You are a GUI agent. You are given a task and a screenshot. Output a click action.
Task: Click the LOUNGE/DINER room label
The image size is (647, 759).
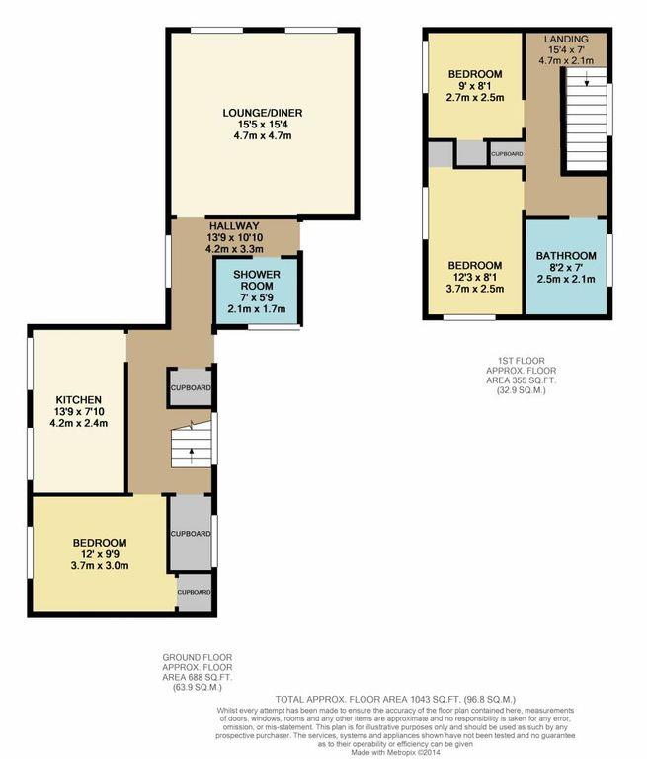click(262, 113)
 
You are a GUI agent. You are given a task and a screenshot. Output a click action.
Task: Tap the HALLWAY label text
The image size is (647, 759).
click(233, 225)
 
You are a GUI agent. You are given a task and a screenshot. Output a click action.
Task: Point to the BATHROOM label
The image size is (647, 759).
click(566, 256)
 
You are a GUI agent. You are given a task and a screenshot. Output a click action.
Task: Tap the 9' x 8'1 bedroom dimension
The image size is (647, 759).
click(474, 86)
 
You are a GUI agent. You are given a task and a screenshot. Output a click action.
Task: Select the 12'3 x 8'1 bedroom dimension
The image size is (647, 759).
click(474, 278)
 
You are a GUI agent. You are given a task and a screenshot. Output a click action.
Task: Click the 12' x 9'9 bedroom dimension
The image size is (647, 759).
click(99, 555)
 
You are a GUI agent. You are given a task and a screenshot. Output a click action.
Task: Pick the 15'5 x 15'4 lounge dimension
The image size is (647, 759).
click(262, 126)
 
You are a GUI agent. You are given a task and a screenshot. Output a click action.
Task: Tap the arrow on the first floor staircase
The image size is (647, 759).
click(585, 83)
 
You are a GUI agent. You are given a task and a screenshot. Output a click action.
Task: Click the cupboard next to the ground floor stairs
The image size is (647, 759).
click(190, 388)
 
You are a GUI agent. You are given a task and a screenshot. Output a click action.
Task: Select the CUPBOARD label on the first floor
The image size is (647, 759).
click(506, 155)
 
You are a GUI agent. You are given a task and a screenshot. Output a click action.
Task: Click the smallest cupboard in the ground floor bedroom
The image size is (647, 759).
click(193, 592)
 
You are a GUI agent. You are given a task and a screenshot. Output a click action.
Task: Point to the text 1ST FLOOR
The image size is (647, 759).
click(514, 361)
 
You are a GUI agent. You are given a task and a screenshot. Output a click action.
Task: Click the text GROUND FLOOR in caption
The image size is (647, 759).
click(199, 657)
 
